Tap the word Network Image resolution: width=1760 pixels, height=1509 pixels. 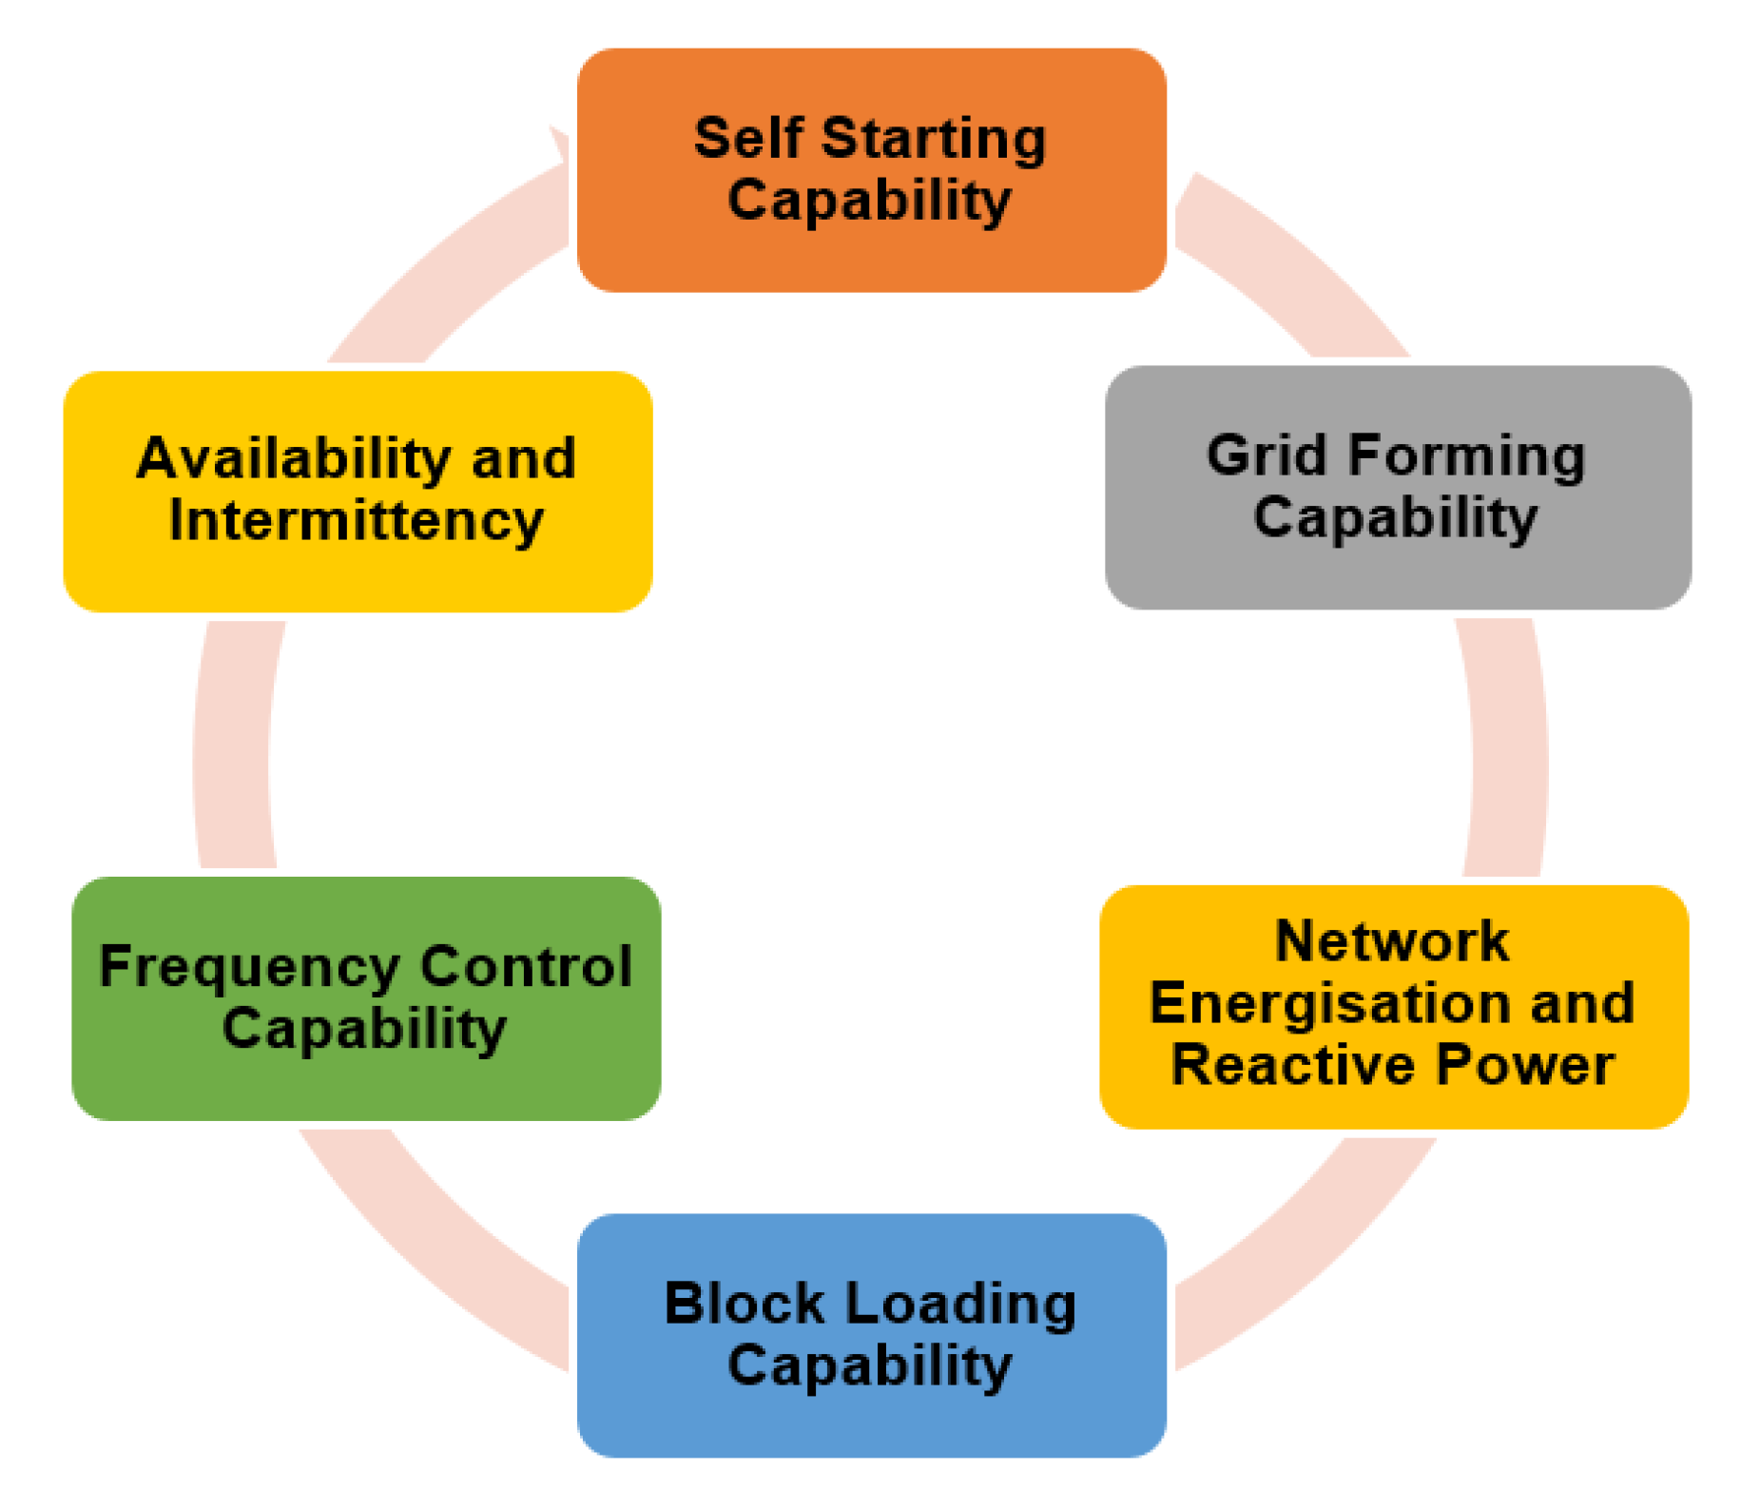[x=1391, y=941]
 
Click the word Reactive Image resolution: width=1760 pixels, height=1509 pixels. [x=1296, y=1064]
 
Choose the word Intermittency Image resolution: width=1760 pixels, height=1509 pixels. [x=356, y=520]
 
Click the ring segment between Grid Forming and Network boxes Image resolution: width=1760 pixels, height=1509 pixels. [x=1507, y=746]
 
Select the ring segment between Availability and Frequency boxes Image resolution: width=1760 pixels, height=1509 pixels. [x=233, y=746]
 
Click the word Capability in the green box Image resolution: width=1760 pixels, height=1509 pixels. [x=364, y=1029]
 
